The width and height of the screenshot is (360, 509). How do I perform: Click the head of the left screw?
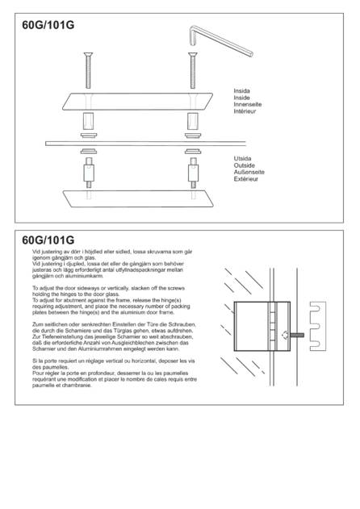88,54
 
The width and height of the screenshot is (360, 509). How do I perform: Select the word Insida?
241,91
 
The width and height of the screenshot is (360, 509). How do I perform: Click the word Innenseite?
247,104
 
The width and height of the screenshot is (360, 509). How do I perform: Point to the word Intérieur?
245,111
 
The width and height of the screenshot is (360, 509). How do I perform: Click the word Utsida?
242,158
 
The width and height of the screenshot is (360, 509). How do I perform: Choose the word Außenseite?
249,172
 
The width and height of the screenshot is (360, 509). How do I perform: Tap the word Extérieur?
245,179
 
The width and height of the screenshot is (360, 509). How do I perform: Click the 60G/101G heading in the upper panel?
48,25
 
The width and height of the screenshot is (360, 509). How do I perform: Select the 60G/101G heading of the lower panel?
48,240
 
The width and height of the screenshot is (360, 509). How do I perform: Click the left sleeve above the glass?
88,121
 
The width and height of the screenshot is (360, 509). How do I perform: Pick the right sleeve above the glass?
193,121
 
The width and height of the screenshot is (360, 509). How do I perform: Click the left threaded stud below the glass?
89,173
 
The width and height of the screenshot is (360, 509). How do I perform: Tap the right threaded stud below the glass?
194,173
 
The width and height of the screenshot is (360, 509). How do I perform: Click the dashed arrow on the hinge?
285,335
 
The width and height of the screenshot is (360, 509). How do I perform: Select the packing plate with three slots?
317,326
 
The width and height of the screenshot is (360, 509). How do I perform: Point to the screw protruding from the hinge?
296,335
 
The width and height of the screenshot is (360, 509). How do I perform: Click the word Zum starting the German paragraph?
38,324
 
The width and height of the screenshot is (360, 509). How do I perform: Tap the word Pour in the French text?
38,373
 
